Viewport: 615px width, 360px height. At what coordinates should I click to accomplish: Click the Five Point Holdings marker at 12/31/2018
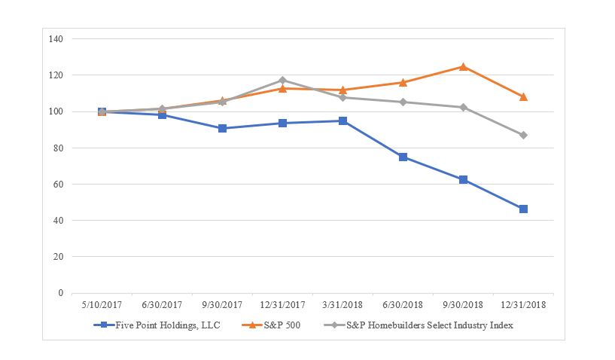pyautogui.click(x=523, y=209)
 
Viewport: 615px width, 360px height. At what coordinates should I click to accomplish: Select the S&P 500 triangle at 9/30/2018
pyautogui.click(x=463, y=67)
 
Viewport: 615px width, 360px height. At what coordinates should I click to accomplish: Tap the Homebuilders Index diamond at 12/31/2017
pyautogui.click(x=282, y=80)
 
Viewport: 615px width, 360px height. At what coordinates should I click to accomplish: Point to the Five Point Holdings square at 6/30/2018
pyautogui.click(x=403, y=157)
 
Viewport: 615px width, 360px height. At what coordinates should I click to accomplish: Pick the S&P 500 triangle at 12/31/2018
pyautogui.click(x=523, y=96)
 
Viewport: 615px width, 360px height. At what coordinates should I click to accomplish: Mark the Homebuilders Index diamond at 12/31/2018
pyautogui.click(x=523, y=135)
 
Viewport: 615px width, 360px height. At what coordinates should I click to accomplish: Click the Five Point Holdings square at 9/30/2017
pyautogui.click(x=222, y=128)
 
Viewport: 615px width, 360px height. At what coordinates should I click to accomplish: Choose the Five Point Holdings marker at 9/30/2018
pyautogui.click(x=463, y=179)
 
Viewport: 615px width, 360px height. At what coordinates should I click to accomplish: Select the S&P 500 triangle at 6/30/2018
pyautogui.click(x=403, y=82)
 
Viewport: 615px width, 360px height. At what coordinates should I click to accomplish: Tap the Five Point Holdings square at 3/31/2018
pyautogui.click(x=343, y=121)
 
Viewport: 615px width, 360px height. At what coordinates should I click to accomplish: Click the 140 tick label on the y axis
pyautogui.click(x=56, y=38)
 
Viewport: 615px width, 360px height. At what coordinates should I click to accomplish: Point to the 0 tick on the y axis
pyautogui.click(x=60, y=293)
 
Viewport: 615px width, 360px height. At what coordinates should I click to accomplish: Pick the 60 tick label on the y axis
pyautogui.click(x=58, y=185)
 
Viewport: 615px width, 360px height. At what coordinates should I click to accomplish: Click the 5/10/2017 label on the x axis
pyautogui.click(x=102, y=306)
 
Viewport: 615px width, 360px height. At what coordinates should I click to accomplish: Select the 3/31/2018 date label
pyautogui.click(x=343, y=306)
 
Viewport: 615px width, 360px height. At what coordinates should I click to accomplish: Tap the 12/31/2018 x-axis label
pyautogui.click(x=523, y=306)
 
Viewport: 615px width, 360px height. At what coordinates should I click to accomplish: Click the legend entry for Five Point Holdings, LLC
pyautogui.click(x=163, y=325)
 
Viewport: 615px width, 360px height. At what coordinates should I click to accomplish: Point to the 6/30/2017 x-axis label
pyautogui.click(x=162, y=306)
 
